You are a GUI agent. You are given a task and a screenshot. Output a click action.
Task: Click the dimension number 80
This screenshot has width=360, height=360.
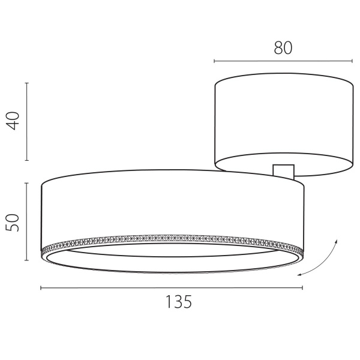click(283, 48)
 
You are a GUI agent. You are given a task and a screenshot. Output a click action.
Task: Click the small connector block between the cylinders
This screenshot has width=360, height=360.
click(283, 171)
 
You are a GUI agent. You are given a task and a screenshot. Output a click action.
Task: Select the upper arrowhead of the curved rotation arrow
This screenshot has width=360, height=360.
click(337, 239)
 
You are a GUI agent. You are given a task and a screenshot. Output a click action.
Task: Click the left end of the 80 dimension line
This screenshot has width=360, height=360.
click(214, 61)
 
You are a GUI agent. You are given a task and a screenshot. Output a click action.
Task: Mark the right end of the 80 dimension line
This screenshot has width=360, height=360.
click(352, 61)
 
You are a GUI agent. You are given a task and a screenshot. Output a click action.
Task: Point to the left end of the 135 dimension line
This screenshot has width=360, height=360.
click(41, 289)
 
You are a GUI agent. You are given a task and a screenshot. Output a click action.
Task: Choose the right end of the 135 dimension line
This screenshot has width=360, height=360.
click(303, 289)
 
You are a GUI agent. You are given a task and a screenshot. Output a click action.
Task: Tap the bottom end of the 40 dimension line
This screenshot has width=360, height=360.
click(26, 160)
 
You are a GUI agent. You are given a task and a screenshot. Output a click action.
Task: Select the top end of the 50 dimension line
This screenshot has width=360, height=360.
click(26, 183)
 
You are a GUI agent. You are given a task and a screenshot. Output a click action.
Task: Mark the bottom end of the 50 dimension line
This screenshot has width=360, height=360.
click(26, 260)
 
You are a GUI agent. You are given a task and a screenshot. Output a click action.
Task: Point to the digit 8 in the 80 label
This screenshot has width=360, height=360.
click(278, 48)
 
